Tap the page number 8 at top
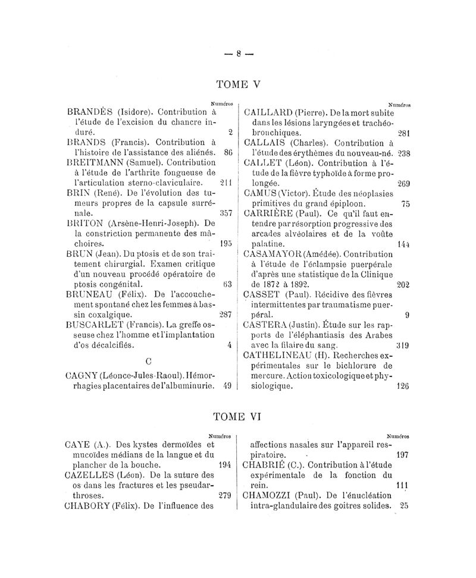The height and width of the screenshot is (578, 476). coord(238,52)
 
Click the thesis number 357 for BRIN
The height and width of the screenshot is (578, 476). coord(225,212)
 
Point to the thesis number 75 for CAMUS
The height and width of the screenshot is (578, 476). coord(406,203)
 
